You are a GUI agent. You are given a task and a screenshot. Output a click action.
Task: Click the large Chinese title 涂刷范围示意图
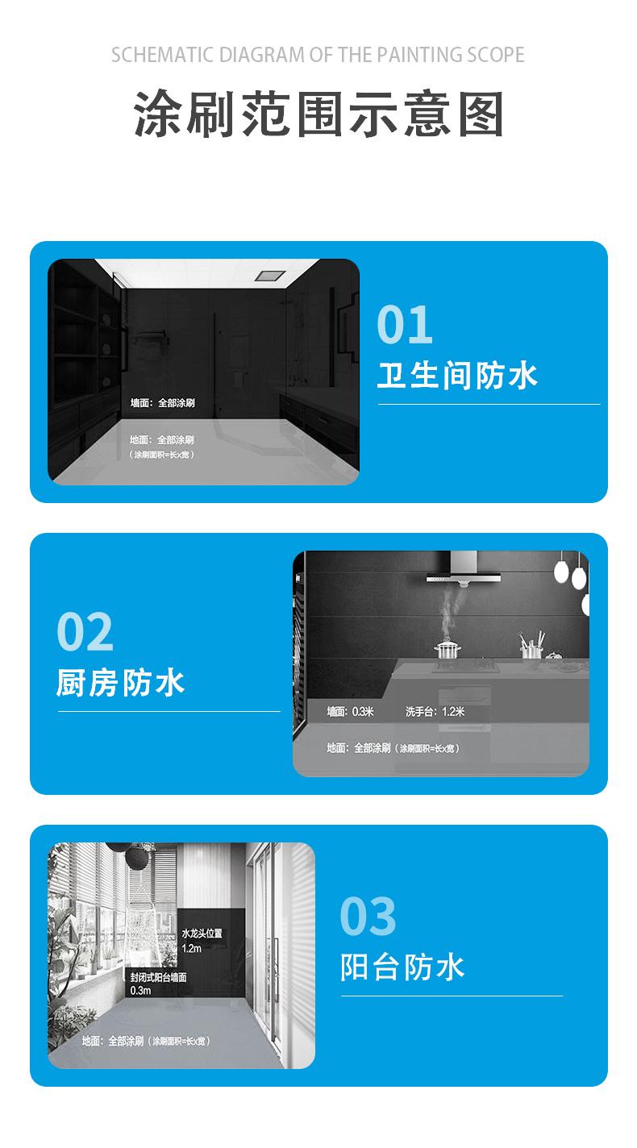[x=318, y=114]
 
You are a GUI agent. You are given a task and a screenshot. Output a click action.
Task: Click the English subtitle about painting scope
[x=318, y=55]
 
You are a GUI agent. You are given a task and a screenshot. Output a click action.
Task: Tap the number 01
[x=405, y=324]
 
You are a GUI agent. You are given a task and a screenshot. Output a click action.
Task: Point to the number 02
[x=85, y=631]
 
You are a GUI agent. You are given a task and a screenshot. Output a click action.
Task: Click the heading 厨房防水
[x=120, y=683]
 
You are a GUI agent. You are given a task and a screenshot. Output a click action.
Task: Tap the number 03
[x=368, y=916]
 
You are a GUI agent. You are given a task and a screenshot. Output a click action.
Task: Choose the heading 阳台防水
[x=402, y=967]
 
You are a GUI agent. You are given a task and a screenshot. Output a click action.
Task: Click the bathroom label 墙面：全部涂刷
[x=162, y=403]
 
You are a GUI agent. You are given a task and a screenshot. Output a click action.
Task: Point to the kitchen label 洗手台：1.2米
[x=435, y=711]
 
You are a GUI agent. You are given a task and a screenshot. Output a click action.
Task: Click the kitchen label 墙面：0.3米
[x=351, y=711]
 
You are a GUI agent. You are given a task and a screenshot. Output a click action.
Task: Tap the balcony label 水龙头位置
[x=202, y=934]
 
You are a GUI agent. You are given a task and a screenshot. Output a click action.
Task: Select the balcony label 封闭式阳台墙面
[x=158, y=977]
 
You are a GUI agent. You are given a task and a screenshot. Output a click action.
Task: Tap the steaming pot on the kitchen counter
[x=448, y=649]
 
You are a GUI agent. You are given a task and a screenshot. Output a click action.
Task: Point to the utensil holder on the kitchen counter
[x=531, y=645]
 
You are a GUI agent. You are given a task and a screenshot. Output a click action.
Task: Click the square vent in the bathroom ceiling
[x=271, y=276]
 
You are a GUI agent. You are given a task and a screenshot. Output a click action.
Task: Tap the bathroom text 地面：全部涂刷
[x=162, y=439]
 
